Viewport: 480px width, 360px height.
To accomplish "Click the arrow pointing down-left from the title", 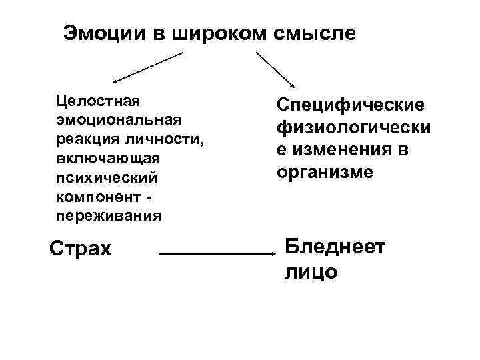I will [x=147, y=67].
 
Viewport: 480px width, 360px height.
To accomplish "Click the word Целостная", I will [x=97, y=101].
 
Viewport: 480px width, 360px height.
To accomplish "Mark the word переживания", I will [x=109, y=215].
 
